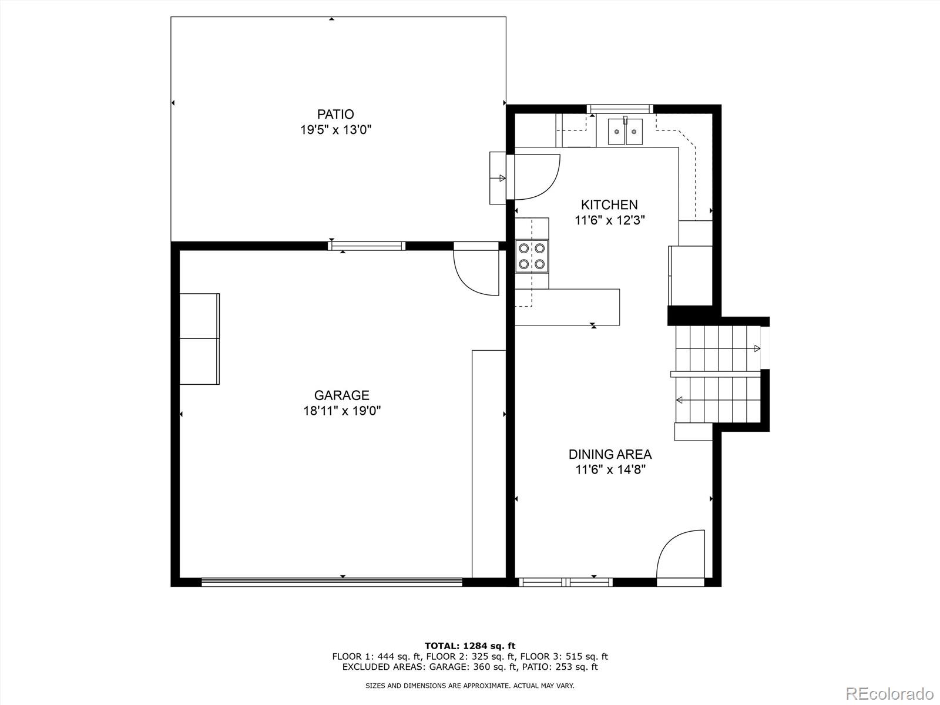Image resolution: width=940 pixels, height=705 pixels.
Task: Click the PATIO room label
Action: pyautogui.click(x=335, y=114)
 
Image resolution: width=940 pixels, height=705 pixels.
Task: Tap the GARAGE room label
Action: pyautogui.click(x=341, y=395)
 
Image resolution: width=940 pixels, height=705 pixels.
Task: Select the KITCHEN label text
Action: pyautogui.click(x=609, y=204)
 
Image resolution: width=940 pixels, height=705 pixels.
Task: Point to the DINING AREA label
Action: pyautogui.click(x=610, y=454)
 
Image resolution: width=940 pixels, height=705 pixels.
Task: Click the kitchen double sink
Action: pyautogui.click(x=625, y=131)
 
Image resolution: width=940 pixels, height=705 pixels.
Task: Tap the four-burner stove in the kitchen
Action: pyautogui.click(x=532, y=256)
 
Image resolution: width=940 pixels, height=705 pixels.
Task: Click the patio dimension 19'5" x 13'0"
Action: pyautogui.click(x=336, y=130)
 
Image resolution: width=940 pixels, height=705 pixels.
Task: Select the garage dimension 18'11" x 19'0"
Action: pyautogui.click(x=342, y=411)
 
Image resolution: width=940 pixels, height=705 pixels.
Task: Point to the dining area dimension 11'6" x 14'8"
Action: pyautogui.click(x=610, y=469)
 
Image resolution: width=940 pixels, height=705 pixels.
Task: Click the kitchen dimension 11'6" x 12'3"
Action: pyautogui.click(x=610, y=220)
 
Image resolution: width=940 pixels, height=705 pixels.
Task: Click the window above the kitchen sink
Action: pyautogui.click(x=620, y=108)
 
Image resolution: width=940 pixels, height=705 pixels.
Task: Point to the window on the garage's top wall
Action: pyautogui.click(x=367, y=246)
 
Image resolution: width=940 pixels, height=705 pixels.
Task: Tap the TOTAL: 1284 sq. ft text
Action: pyautogui.click(x=470, y=646)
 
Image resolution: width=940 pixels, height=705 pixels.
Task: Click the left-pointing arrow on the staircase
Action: pyautogui.click(x=680, y=400)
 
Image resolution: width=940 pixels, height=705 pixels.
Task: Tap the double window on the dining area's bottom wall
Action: pyautogui.click(x=566, y=582)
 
